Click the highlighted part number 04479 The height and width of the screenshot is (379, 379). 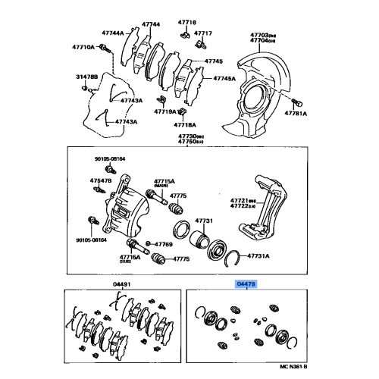pyautogui.click(x=247, y=283)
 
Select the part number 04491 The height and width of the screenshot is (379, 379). pyautogui.click(x=112, y=284)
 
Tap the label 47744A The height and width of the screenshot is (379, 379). pyautogui.click(x=113, y=34)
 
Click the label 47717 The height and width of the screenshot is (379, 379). pyautogui.click(x=204, y=34)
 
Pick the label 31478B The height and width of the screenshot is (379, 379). pyautogui.click(x=86, y=77)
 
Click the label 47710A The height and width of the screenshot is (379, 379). pyautogui.click(x=84, y=47)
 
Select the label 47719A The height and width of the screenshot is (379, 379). pyautogui.click(x=164, y=111)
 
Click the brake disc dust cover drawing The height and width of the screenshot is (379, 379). pyautogui.click(x=257, y=84)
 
